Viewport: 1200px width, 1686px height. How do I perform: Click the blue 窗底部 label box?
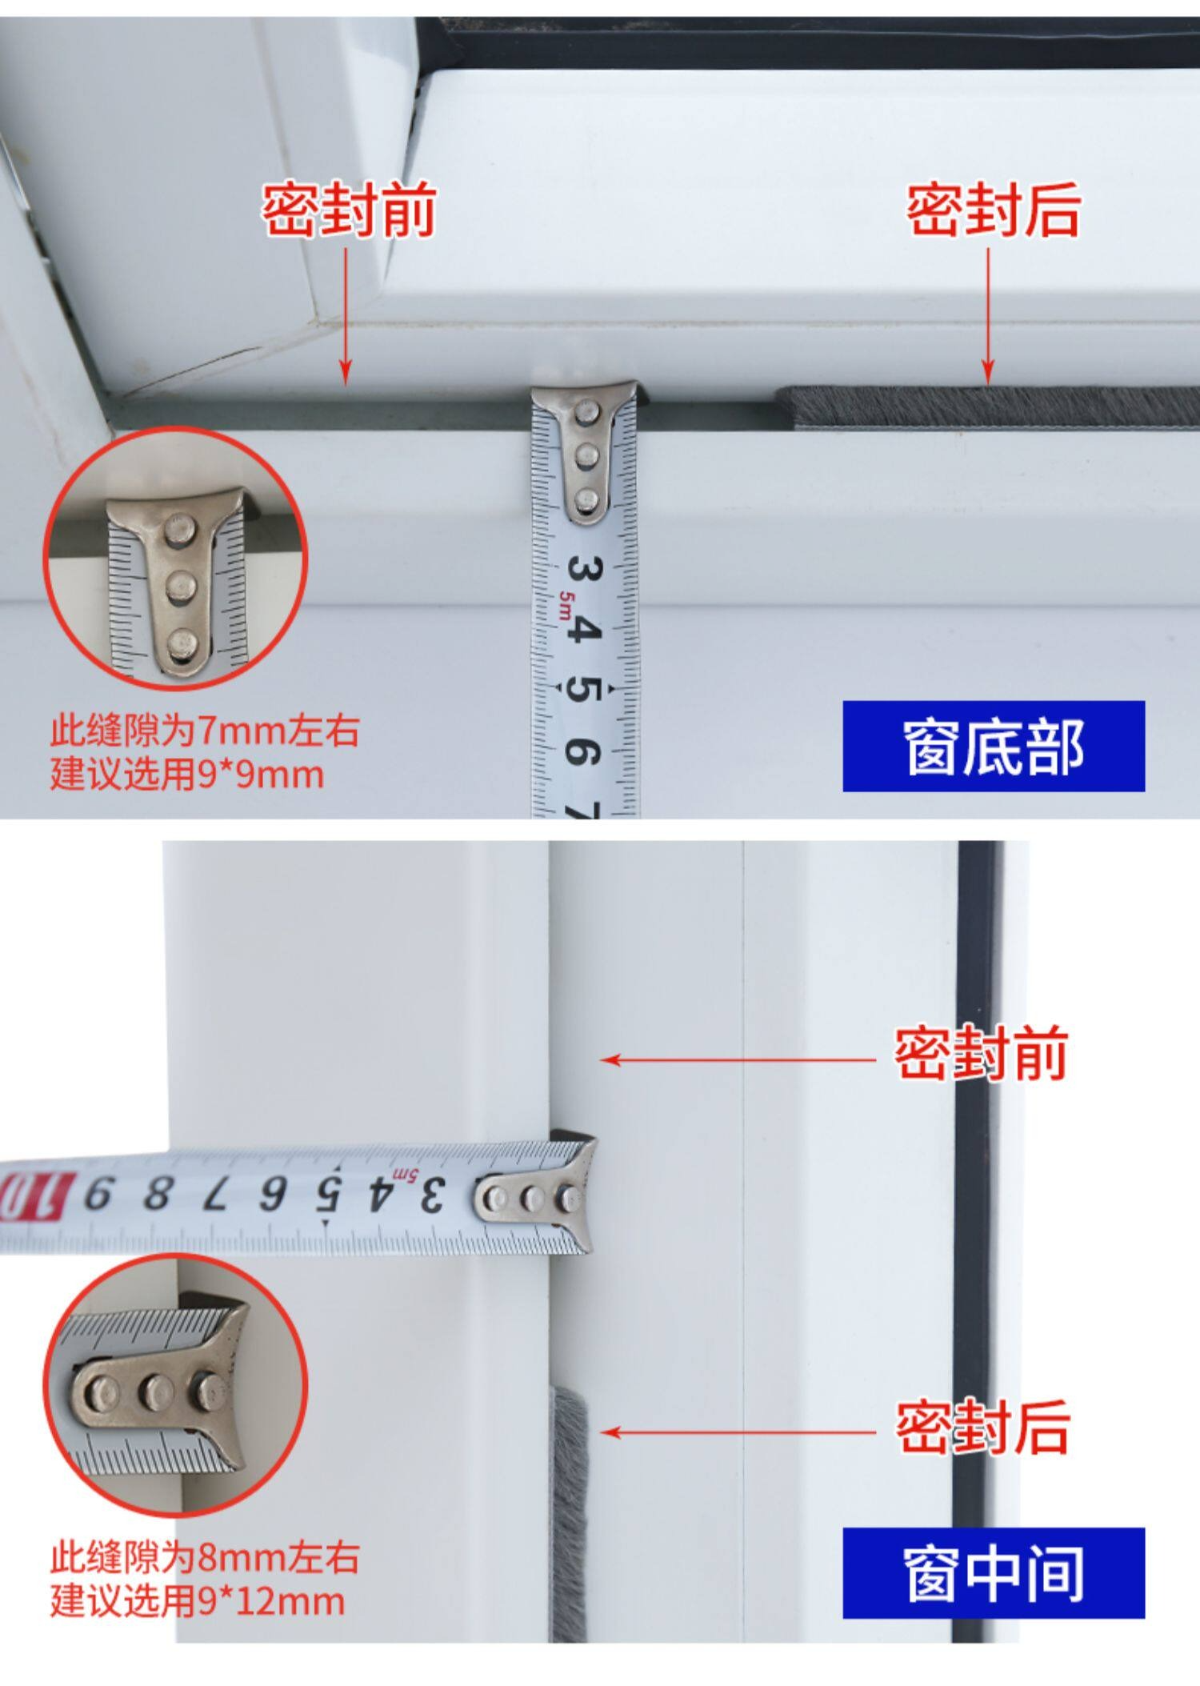(x=994, y=746)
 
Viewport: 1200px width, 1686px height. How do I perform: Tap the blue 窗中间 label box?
(x=994, y=1572)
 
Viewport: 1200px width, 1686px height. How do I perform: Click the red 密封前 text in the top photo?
(x=350, y=210)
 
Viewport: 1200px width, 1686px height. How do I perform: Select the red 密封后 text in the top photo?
(x=994, y=210)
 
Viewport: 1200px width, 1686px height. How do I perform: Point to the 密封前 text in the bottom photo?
(x=982, y=1053)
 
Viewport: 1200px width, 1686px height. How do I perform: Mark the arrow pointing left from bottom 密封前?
(x=739, y=1060)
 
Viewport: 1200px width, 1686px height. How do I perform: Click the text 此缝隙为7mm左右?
(x=205, y=731)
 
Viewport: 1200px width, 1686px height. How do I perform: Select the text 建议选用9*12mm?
(x=198, y=1601)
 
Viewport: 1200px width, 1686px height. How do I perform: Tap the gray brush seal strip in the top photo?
(x=988, y=406)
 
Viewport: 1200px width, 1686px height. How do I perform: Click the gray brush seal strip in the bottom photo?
(x=569, y=1512)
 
